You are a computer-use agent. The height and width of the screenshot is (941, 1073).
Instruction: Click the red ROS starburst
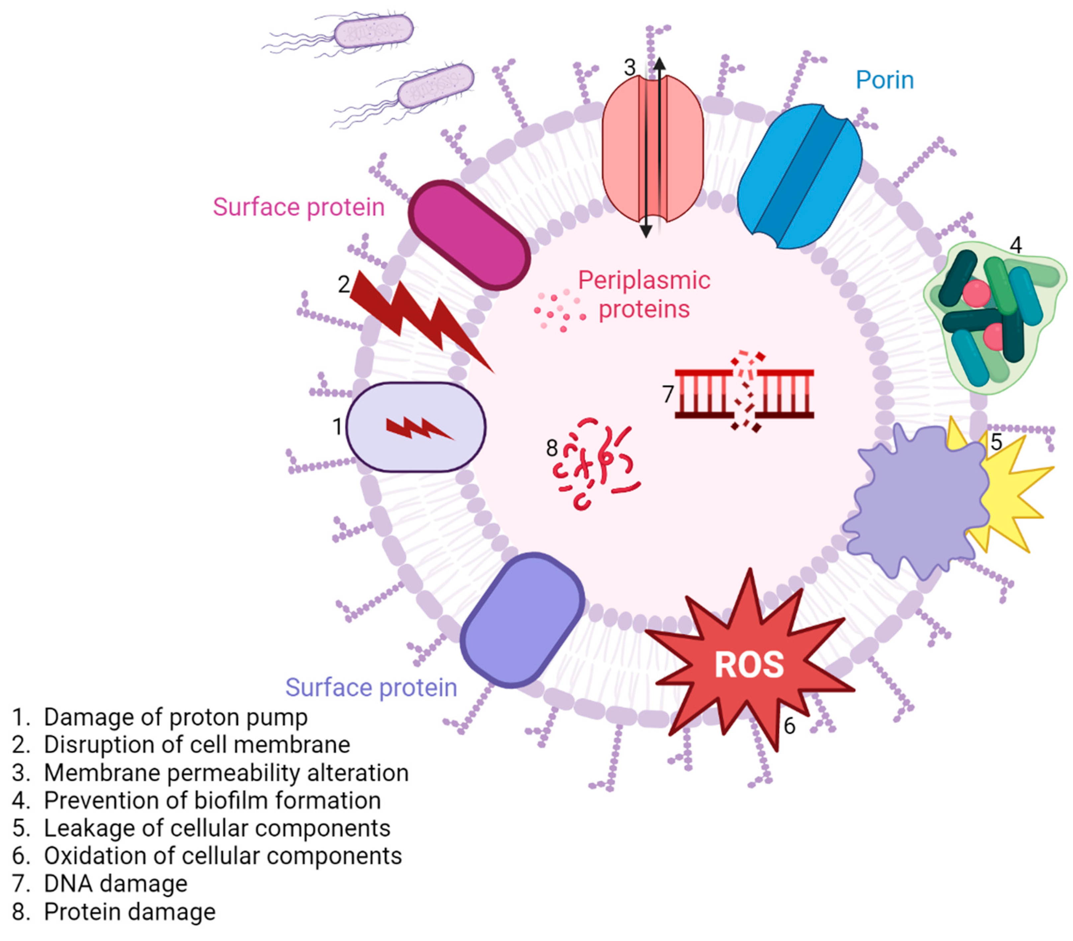749,664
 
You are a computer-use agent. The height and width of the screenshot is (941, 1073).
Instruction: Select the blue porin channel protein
799,176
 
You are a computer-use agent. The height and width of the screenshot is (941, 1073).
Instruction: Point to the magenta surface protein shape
469,235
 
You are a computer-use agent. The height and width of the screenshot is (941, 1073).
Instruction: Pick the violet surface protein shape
522,620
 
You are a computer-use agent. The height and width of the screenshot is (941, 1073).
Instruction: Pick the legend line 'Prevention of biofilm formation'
212,800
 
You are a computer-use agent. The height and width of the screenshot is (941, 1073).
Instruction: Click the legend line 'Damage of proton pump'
175,717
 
